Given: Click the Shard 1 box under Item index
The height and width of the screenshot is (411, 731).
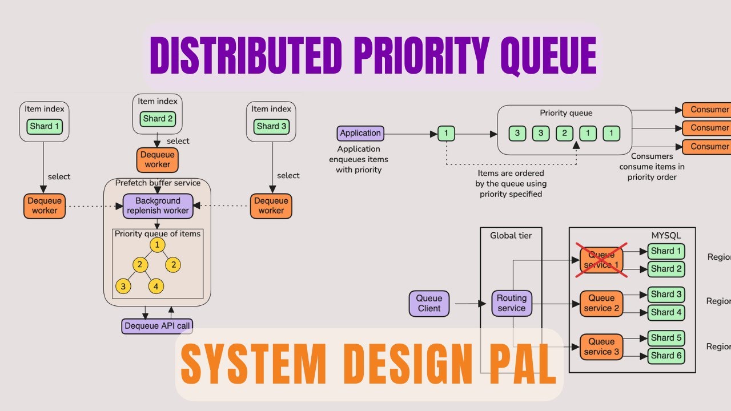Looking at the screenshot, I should [45, 126].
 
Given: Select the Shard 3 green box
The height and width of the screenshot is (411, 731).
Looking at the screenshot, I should [271, 126].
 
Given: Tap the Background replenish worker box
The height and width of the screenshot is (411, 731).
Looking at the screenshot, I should [158, 206].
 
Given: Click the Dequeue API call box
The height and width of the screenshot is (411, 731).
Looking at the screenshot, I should [157, 326].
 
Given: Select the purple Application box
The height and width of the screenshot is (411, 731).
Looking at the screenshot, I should [360, 134].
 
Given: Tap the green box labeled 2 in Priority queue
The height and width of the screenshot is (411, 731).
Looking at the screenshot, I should [564, 134].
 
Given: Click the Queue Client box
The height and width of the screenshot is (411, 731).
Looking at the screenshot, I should [429, 303].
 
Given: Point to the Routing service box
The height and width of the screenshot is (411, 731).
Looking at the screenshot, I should [511, 303].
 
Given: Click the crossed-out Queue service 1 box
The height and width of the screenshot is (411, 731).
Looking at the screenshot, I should [601, 260].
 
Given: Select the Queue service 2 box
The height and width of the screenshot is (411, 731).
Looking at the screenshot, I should [601, 303].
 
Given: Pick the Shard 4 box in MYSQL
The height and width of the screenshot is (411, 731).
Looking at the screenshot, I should [666, 312].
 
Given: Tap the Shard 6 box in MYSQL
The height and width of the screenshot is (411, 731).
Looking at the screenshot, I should [666, 355].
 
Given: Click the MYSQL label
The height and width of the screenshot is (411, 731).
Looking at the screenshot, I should [666, 235].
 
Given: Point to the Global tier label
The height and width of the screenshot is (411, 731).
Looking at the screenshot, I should [511, 235].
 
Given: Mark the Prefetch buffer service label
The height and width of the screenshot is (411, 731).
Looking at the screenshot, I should [158, 183].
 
